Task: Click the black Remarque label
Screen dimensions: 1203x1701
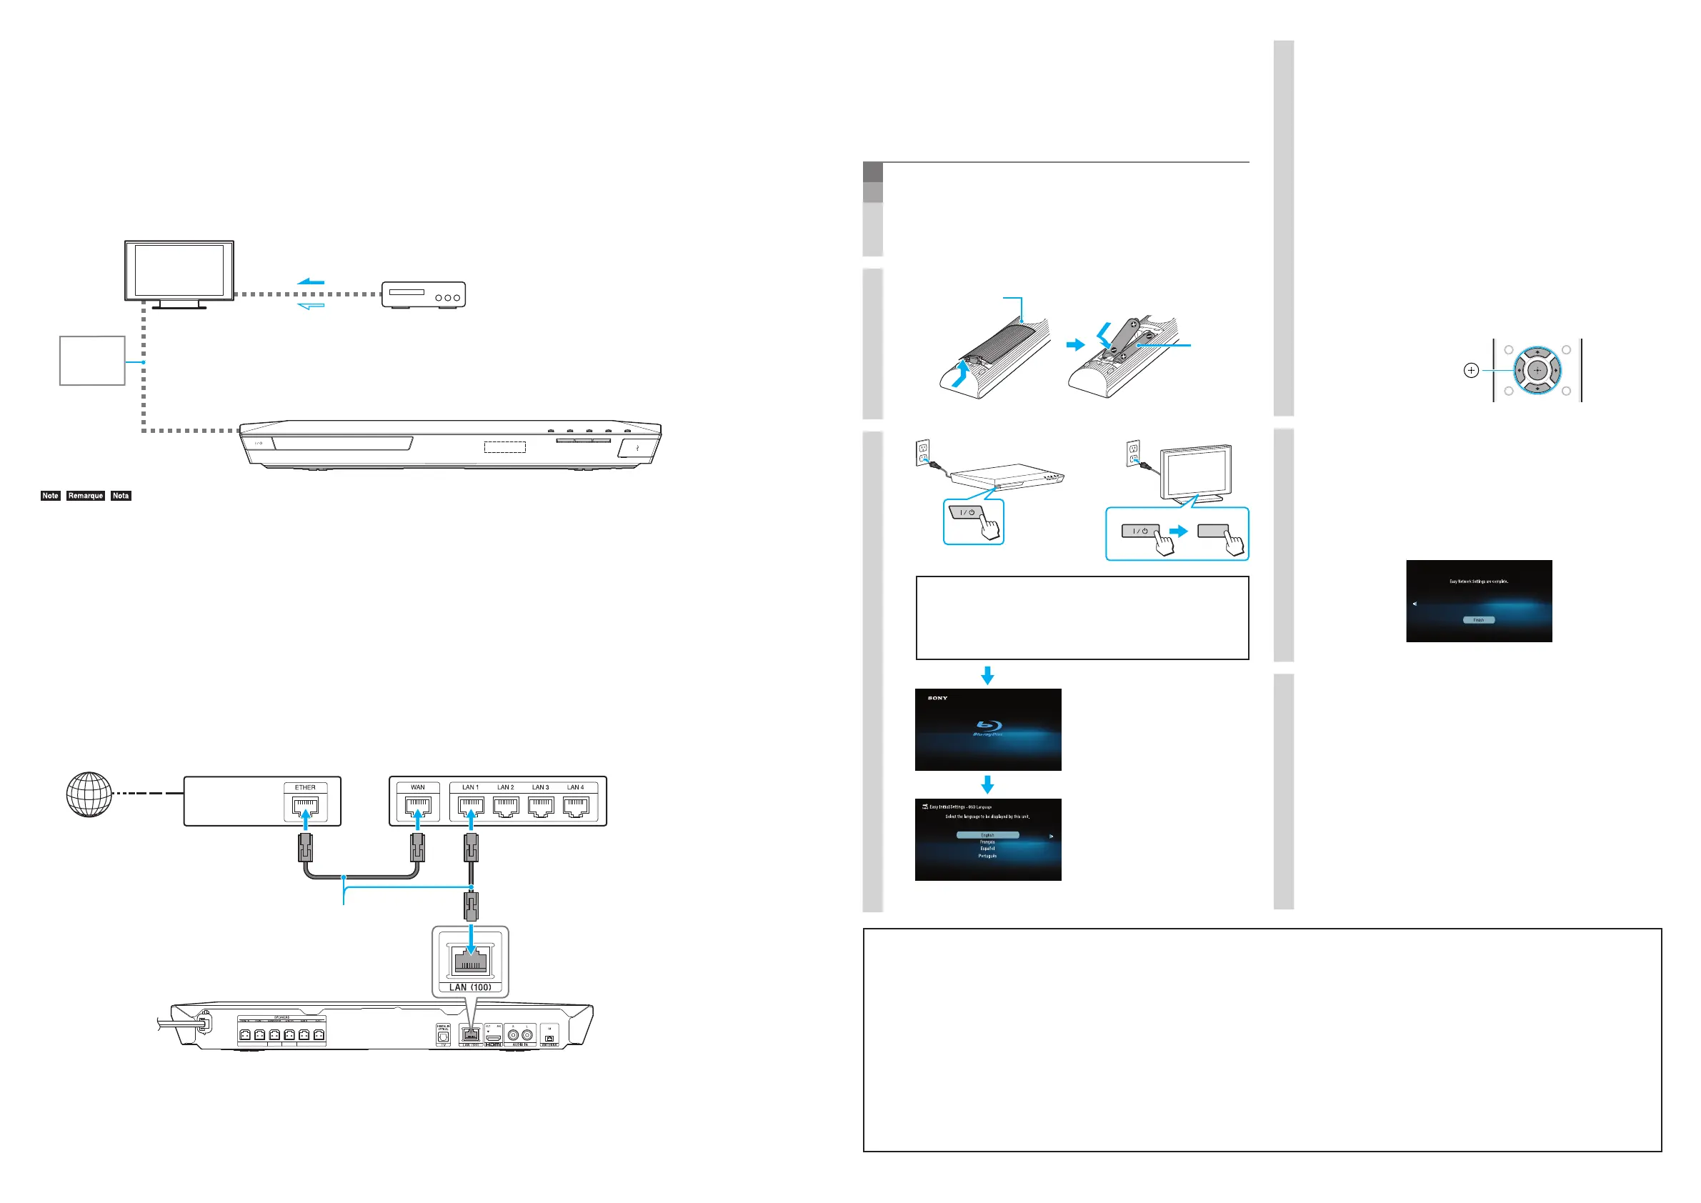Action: tap(85, 496)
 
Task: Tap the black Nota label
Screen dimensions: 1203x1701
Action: tap(121, 496)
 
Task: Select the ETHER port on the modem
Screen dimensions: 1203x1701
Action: tap(305, 806)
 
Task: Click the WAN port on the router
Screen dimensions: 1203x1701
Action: tap(418, 806)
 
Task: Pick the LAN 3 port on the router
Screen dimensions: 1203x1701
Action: tap(541, 806)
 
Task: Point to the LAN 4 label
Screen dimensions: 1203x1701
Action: tap(576, 787)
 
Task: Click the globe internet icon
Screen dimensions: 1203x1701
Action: tap(89, 794)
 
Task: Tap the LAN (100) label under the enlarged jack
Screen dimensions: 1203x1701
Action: tap(471, 987)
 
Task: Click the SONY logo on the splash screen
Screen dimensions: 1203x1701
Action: tap(937, 698)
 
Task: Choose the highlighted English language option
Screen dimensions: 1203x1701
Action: tap(987, 835)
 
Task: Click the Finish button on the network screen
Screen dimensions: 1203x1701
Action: tap(1479, 620)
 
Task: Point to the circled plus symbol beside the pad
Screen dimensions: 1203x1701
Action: tap(1472, 370)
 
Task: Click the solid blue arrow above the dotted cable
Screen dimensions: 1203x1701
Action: tap(311, 281)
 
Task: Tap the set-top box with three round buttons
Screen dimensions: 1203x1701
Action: tap(423, 294)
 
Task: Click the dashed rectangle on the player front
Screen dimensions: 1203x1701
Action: tap(505, 446)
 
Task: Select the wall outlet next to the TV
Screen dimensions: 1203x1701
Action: tap(1133, 454)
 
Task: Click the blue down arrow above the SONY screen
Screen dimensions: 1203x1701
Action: tap(987, 675)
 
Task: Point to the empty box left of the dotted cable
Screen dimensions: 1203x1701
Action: tap(92, 361)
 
